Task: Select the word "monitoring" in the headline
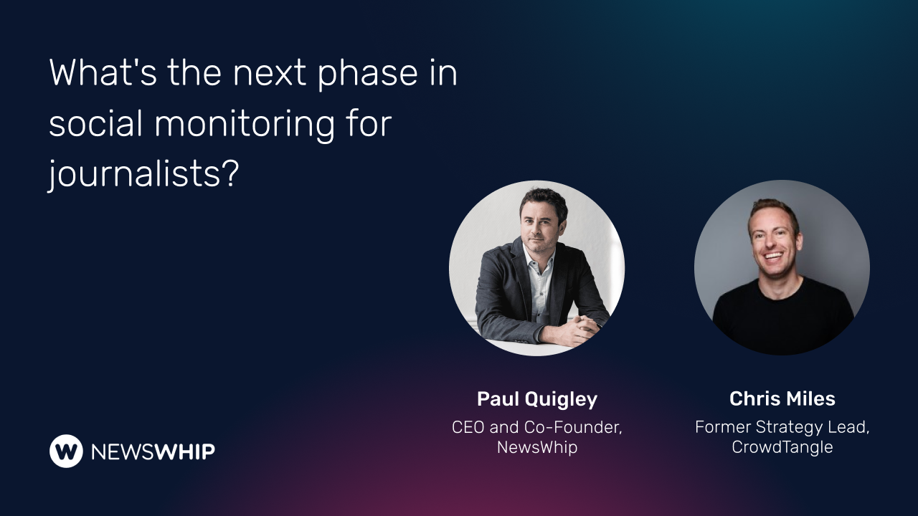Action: pyautogui.click(x=245, y=124)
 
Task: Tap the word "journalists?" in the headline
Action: pyautogui.click(x=143, y=174)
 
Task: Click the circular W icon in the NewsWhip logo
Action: pyautogui.click(x=66, y=451)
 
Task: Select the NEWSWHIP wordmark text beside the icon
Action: pyautogui.click(x=153, y=451)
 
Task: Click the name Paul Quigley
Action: pyautogui.click(x=536, y=399)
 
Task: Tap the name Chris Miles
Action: pyautogui.click(x=782, y=398)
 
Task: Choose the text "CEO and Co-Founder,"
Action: pyautogui.click(x=536, y=427)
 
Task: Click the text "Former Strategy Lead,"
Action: pyautogui.click(x=782, y=427)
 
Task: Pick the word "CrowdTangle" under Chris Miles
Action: pyautogui.click(x=782, y=447)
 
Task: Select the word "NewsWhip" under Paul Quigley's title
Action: pyautogui.click(x=536, y=447)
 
